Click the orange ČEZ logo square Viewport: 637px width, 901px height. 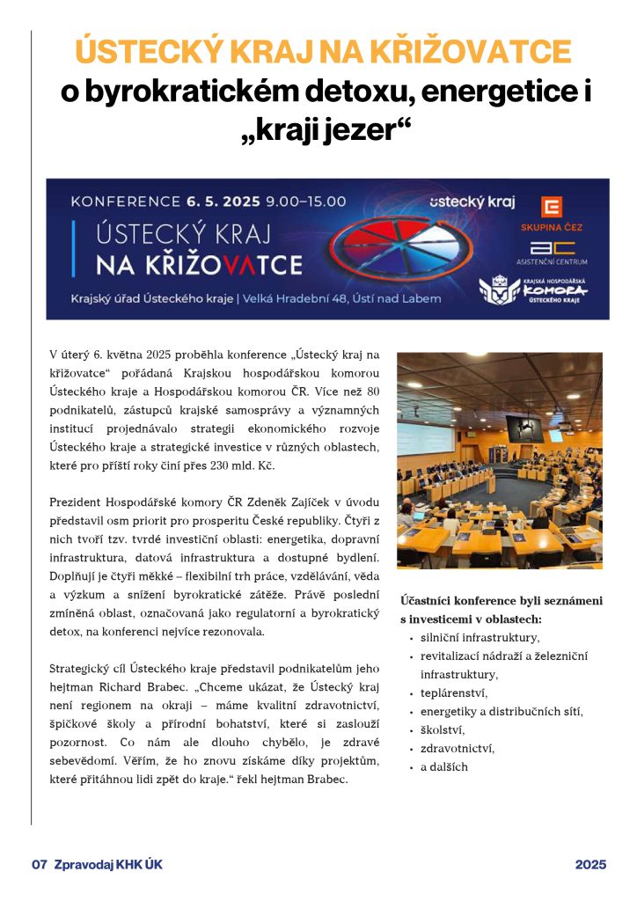click(x=552, y=208)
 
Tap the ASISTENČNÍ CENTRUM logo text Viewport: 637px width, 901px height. click(x=552, y=261)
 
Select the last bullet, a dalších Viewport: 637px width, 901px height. click(x=444, y=766)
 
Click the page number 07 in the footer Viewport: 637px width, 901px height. click(x=39, y=865)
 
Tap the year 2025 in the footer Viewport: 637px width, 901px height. click(x=590, y=865)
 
